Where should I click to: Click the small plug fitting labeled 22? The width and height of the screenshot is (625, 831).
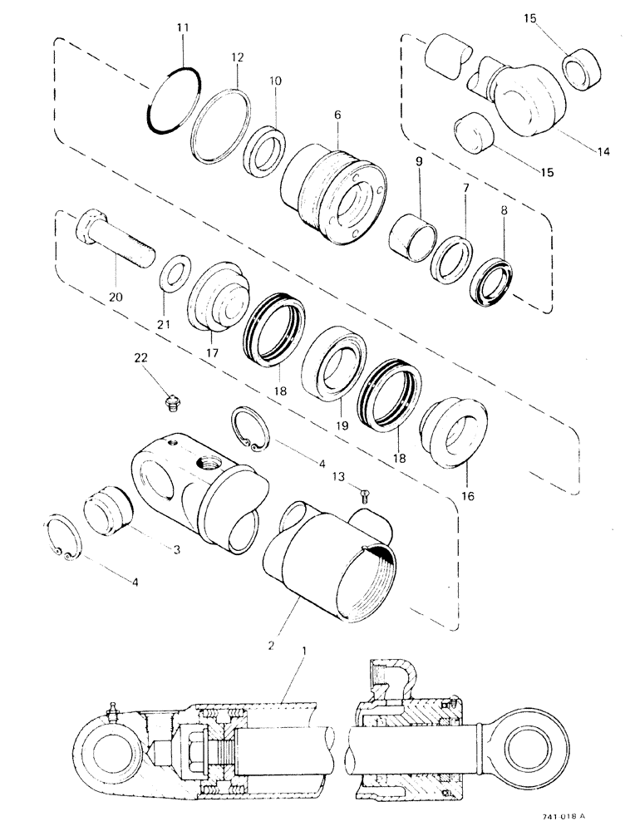tap(170, 405)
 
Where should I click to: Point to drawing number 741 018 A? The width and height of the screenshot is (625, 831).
tap(568, 818)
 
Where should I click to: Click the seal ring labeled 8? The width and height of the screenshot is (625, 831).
tap(492, 282)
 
